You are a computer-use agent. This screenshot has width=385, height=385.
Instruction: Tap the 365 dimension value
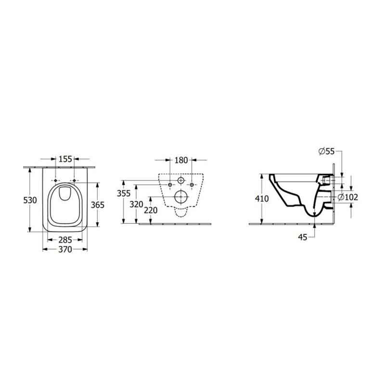click(98, 205)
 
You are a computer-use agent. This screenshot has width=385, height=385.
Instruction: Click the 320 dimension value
click(137, 204)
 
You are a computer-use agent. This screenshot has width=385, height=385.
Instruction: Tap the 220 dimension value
click(151, 210)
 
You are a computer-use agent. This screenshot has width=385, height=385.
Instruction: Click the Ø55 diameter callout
click(326, 152)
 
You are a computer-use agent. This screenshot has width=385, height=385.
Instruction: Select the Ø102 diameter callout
click(347, 197)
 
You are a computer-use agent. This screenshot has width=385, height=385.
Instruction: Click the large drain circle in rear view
click(180, 196)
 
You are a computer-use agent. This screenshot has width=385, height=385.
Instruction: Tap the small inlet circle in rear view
click(180, 181)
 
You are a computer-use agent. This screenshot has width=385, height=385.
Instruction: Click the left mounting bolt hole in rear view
click(169, 185)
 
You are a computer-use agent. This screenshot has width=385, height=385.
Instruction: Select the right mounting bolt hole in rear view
click(192, 185)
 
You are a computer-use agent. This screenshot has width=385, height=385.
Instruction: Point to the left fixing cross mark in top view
click(56, 180)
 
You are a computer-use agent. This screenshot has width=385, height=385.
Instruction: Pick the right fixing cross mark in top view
click(75, 180)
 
